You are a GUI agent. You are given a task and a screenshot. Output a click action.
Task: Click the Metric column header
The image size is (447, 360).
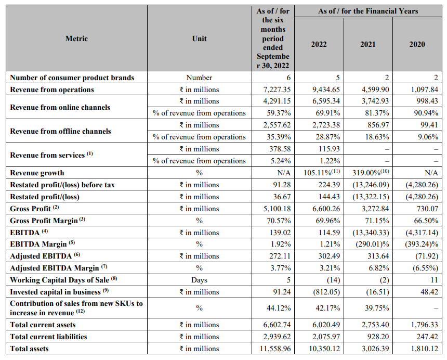tap(76, 38)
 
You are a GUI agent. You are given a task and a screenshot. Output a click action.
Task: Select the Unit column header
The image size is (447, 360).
tap(199, 38)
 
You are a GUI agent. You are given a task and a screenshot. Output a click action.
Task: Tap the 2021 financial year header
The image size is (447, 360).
tap(368, 44)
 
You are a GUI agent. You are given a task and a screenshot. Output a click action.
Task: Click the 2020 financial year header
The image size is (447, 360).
tap(417, 44)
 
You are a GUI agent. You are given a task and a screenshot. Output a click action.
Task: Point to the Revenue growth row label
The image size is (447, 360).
tap(37, 173)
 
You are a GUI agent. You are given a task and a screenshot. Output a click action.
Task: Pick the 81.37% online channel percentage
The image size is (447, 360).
tap(375, 113)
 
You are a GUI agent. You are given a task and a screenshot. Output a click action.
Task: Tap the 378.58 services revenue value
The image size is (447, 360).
tap(277, 149)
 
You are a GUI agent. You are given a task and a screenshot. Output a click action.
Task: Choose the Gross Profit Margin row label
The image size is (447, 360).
tap(44, 221)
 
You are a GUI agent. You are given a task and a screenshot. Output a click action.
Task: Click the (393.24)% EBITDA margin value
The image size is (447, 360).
tap(419, 244)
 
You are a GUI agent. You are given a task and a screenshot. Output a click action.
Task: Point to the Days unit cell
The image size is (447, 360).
tap(199, 280)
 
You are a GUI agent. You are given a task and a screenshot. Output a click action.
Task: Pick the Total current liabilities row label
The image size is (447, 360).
tap(48, 337)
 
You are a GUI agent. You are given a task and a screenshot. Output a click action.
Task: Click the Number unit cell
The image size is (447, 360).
tap(199, 78)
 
